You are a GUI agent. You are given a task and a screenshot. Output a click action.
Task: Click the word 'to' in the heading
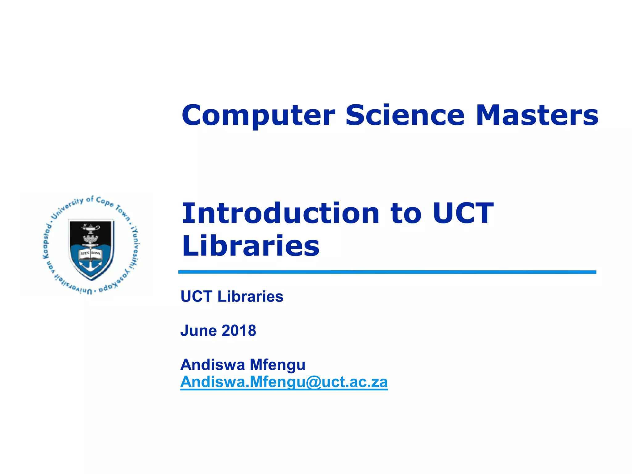coord(406,214)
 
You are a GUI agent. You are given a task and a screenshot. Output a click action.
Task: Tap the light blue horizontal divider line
coord(387,272)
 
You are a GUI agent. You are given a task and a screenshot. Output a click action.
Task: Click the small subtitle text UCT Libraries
coord(232,297)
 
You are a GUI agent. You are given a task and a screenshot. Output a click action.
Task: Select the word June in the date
coord(199,331)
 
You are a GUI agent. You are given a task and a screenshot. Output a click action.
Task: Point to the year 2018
coord(239,331)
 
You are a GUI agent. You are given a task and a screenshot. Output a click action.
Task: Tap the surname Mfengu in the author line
coord(277,365)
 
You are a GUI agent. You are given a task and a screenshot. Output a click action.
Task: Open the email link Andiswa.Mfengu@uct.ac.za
coord(284,382)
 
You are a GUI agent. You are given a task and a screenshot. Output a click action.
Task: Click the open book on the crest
coord(90,254)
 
